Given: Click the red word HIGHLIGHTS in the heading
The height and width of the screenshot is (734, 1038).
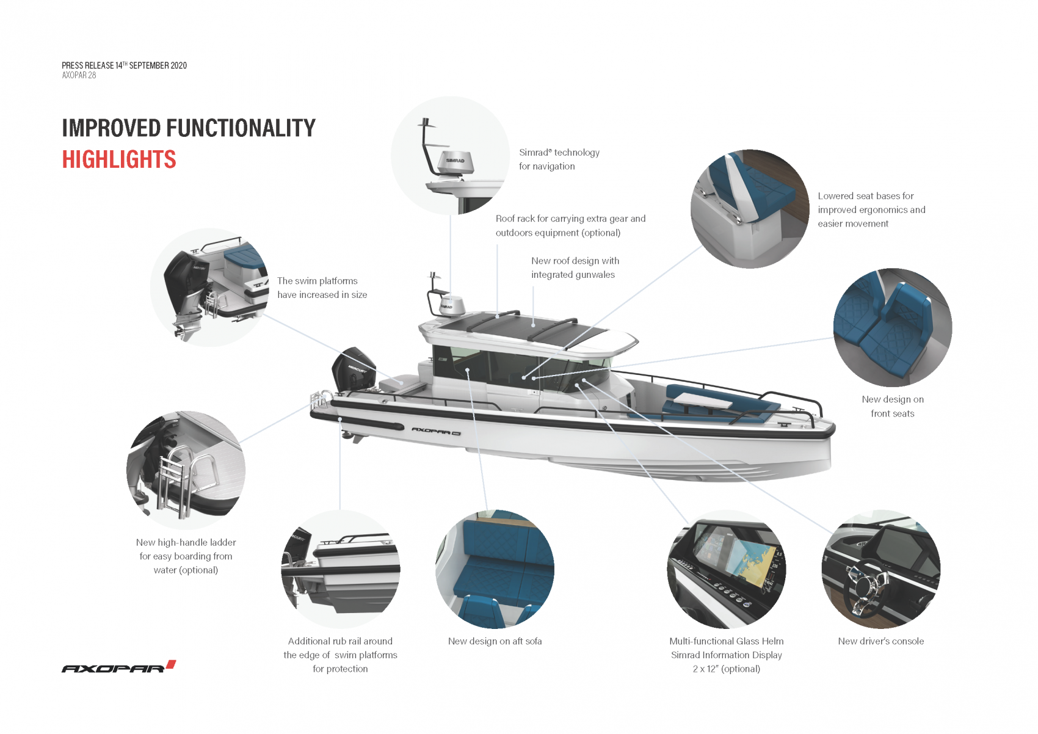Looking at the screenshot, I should click(119, 160).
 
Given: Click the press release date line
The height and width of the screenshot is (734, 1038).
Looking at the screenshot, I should click(124, 65).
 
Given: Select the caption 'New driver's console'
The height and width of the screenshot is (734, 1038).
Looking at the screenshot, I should click(880, 641).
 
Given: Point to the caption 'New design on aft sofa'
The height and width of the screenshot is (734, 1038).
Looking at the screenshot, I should click(495, 641).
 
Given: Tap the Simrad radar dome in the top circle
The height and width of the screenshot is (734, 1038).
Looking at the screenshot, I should click(455, 163).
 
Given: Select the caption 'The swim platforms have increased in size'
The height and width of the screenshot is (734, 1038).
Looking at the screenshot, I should click(322, 288).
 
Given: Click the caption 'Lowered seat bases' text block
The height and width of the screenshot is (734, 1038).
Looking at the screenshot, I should click(871, 209).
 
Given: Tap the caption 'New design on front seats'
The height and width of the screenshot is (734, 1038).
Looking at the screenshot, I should click(892, 406).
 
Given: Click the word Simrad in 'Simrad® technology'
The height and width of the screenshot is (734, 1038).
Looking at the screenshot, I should click(534, 153).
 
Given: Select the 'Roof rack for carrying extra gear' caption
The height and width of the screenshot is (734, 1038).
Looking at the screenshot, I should click(570, 225).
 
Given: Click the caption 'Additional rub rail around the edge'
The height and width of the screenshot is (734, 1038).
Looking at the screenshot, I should click(340, 655).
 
